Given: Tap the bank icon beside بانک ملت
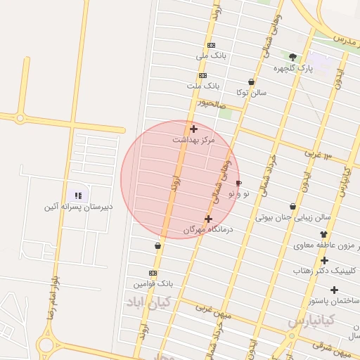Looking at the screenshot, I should point(202,75).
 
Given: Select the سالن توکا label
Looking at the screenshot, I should point(251,92).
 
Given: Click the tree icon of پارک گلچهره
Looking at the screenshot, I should point(292,57).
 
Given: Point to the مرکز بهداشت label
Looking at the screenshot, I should point(193,140).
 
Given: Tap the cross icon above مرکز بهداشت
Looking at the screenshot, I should point(193,129).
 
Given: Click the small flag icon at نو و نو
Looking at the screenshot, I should point(238,183).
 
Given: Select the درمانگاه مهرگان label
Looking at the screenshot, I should point(207,229).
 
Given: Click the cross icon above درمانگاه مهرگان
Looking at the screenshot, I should point(208,219).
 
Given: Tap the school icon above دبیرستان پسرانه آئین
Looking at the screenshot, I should point(78,195).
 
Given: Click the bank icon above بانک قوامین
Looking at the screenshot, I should point(153,273).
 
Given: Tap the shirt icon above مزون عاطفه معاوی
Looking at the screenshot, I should point(323,235).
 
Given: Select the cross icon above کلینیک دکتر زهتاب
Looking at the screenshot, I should point(324,260).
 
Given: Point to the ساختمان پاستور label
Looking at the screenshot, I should point(333,301).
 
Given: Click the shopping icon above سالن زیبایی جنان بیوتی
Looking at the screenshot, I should point(292,207).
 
